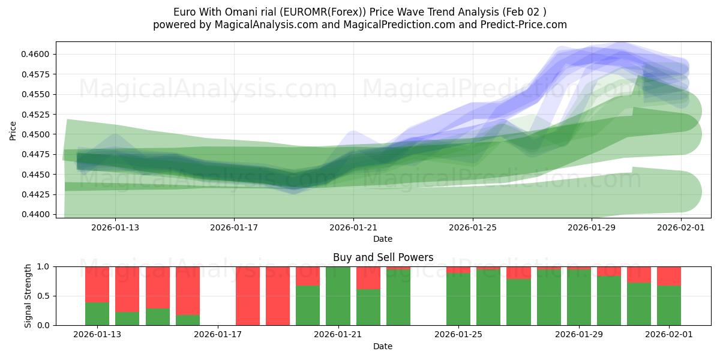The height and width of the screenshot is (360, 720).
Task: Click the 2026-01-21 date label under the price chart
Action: pos(353,227)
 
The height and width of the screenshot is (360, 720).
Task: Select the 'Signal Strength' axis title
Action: pos(28,296)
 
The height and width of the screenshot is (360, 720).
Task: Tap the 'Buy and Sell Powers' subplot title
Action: pos(383,257)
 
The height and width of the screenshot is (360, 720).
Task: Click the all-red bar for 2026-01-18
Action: pos(248,296)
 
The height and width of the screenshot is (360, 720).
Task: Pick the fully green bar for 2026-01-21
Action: pos(338,296)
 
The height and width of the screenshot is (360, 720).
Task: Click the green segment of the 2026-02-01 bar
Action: pos(669,305)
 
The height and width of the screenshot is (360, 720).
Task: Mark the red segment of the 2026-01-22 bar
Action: pos(368,278)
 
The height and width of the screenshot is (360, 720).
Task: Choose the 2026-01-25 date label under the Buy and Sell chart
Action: pos(458,334)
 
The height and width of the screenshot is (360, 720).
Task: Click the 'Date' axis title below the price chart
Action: pos(383,239)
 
